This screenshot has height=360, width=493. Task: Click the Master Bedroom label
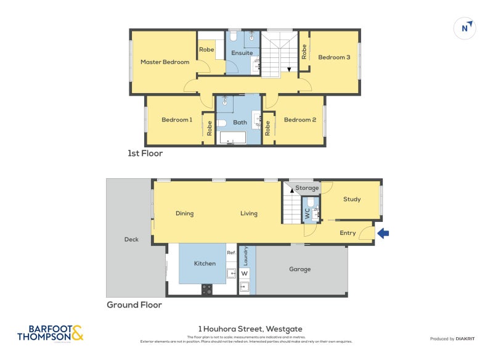coord(165,62)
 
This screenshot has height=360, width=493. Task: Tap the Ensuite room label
coord(242,53)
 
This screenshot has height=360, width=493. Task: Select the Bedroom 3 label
coord(334,57)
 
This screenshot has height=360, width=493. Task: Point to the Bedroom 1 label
coord(177,120)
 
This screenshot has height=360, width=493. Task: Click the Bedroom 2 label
coord(299,120)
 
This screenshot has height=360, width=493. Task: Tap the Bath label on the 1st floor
coord(240,122)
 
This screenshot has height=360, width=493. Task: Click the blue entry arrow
coord(383,233)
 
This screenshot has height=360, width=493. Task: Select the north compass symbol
coord(466,28)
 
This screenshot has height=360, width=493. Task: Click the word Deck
coord(131,239)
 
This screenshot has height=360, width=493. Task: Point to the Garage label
coord(300,269)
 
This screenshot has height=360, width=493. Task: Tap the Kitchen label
coord(205,263)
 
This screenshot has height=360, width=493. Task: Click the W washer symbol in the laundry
coord(244,273)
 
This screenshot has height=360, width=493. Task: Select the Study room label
coord(352,199)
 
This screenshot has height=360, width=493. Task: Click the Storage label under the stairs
coord(307,188)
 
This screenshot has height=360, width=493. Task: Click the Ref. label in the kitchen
coord(231,253)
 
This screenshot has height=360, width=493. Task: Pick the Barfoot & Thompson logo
coord(50,333)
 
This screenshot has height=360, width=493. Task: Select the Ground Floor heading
coord(134,305)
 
